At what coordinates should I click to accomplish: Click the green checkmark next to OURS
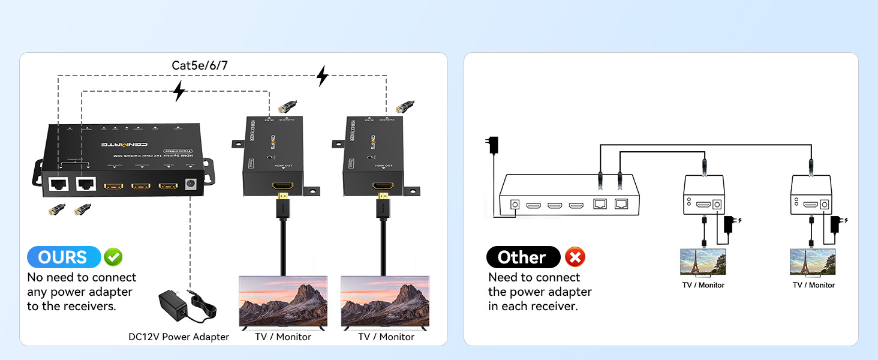pos(113,257)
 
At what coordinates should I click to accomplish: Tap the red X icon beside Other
pos(575,257)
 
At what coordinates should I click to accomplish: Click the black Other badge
pos(522,257)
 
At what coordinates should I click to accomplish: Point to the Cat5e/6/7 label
pos(200,65)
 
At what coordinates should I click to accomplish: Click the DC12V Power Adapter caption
pos(179,337)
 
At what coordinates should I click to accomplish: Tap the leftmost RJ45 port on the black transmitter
pos(59,185)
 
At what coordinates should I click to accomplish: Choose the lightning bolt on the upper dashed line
pos(323,76)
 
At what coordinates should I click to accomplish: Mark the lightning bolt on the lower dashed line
pos(178,92)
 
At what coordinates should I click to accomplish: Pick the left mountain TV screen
pos(283,301)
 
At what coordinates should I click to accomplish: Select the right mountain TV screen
pos(385,301)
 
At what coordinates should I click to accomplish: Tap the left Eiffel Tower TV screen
pos(703,262)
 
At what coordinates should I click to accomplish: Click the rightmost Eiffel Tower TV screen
pos(813,262)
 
